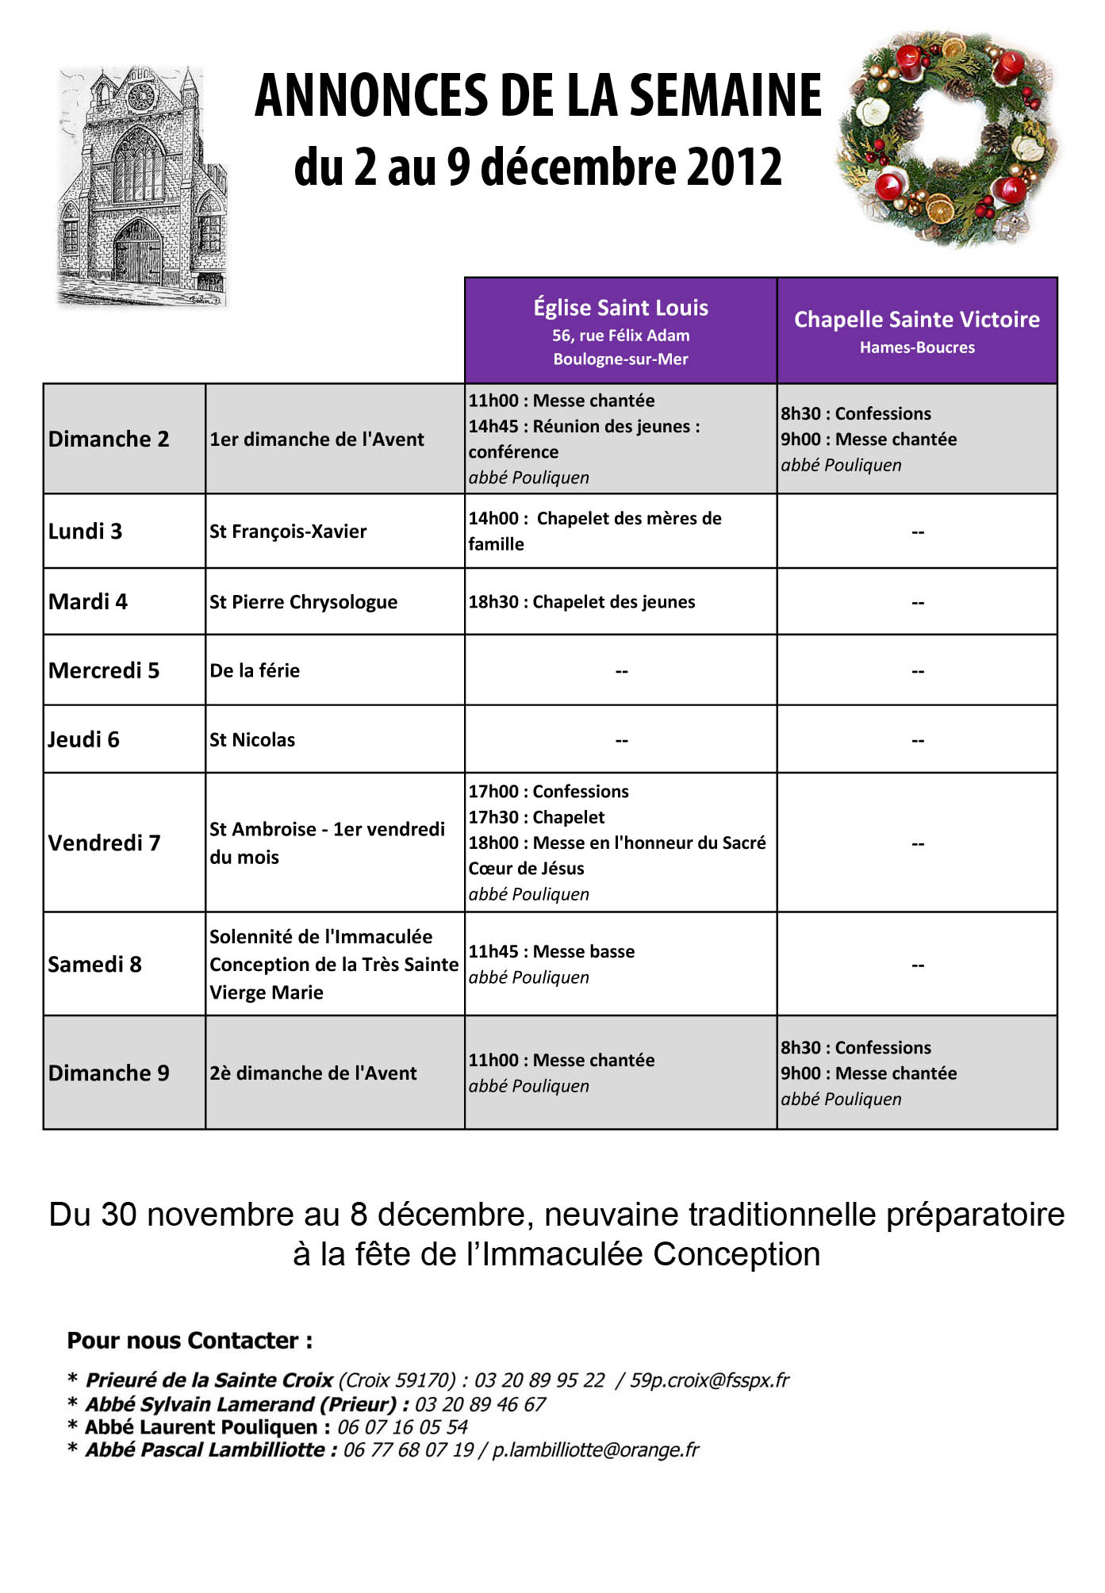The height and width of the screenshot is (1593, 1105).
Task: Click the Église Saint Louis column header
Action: [x=620, y=308]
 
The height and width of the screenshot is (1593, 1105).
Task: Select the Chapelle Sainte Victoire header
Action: [x=917, y=320]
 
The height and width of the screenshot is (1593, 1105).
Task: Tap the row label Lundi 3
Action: [x=86, y=532]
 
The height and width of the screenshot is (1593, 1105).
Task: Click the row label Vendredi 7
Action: [x=105, y=843]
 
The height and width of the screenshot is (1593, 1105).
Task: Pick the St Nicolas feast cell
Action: [x=252, y=740]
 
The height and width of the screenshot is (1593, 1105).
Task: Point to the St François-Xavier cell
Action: [x=288, y=532]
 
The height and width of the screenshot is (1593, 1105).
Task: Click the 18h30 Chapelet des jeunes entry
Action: [x=581, y=602]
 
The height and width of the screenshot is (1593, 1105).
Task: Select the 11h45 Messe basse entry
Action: [x=551, y=952]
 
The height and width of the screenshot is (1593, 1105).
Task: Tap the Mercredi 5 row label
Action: [x=104, y=671]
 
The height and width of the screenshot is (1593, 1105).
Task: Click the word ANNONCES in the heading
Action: [x=370, y=96]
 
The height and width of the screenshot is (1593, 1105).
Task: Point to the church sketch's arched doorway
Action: [x=138, y=253]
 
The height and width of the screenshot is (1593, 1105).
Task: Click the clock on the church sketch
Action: [x=141, y=97]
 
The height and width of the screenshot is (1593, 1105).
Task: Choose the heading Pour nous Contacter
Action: [x=190, y=1341]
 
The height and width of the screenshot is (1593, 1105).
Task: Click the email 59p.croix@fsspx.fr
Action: [x=710, y=1380]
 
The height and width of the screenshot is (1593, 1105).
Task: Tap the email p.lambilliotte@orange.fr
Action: [x=596, y=1450]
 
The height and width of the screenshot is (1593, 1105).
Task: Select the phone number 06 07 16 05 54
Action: [x=402, y=1427]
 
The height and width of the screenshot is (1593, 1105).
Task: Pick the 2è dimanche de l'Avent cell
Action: [x=313, y=1073]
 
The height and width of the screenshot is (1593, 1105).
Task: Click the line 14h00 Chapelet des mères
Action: [x=595, y=519]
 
